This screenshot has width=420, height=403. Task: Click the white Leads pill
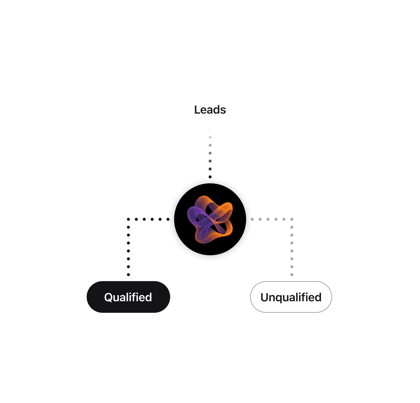[x=210, y=109]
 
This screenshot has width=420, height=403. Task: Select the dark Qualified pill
[x=128, y=297]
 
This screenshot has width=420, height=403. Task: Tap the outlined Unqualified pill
[x=291, y=297]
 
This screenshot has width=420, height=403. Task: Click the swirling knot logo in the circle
[x=210, y=220]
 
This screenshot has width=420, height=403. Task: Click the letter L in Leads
[x=197, y=110]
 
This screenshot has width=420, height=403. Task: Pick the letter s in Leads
[x=223, y=110]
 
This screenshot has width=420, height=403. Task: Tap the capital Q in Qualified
[x=108, y=297]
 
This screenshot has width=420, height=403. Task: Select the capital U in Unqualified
[x=265, y=297]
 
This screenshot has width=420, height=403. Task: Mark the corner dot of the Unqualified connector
[x=292, y=219]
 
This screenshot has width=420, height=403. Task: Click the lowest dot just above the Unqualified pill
[x=292, y=275]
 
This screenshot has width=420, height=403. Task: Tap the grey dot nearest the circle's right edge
[x=252, y=219]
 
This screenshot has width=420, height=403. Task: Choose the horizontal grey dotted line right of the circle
[x=272, y=219]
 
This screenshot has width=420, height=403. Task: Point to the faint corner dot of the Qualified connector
[x=128, y=219]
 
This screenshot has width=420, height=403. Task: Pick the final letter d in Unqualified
[x=318, y=297]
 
